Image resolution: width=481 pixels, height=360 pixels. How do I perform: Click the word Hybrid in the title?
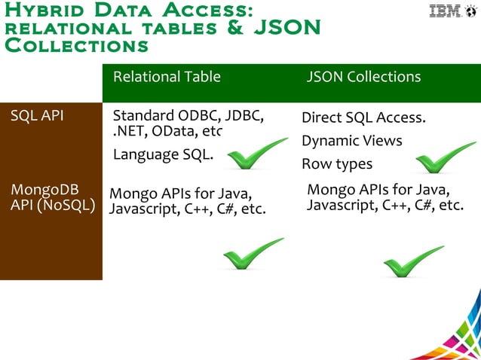pos(35,10)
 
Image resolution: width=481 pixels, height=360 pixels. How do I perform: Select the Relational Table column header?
pos(167,77)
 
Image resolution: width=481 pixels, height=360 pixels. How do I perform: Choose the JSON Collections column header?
pos(363,77)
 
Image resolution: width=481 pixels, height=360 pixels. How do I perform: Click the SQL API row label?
pos(37,116)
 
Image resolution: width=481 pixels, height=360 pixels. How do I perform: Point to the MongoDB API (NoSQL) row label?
pos(52,197)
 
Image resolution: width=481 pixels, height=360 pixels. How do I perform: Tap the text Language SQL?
pos(163,154)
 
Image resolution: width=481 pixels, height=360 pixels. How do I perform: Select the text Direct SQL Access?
pos(363,118)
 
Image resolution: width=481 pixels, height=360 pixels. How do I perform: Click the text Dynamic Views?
pos(351,141)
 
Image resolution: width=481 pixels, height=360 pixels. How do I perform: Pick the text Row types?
pos(337,163)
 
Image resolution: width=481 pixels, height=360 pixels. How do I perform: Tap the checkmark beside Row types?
pos(444,159)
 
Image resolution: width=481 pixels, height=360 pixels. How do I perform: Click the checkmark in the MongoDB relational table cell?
pos(253,255)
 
